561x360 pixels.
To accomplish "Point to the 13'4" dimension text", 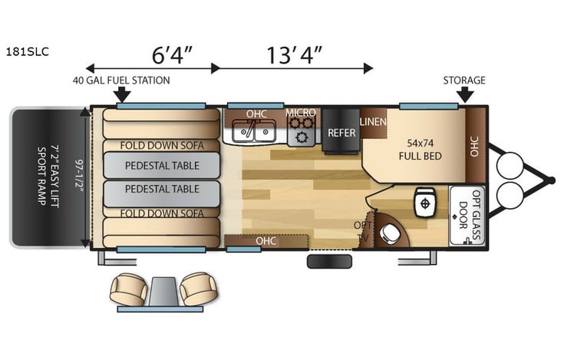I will [294, 55].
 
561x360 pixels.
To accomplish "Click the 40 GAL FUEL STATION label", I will [121, 80].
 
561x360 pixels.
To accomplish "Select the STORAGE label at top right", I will [464, 80].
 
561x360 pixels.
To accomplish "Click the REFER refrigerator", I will [342, 132].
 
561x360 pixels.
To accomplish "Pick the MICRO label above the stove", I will [301, 114].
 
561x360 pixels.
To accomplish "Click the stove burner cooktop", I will [302, 134].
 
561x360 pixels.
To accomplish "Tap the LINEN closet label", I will [373, 121].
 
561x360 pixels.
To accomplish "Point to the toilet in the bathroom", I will [421, 203].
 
